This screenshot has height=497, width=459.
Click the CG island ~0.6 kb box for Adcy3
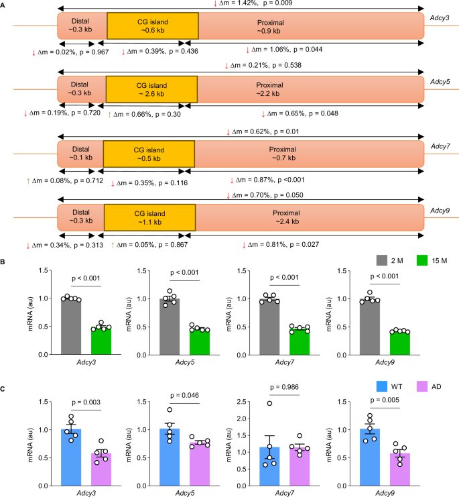(x=152, y=25)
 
